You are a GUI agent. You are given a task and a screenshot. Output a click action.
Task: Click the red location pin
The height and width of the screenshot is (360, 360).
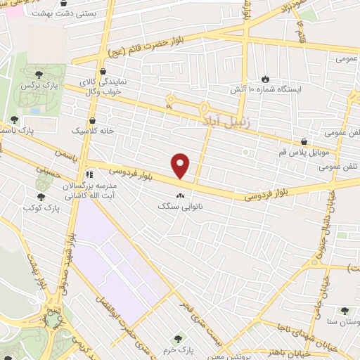click(181, 166)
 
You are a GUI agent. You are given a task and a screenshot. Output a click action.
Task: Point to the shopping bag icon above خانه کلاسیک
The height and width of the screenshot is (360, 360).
click(93, 121)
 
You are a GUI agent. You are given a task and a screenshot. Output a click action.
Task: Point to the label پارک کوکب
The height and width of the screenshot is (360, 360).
click(39, 209)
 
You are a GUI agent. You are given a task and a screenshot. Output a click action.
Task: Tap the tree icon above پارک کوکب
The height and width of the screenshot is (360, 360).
click(41, 198)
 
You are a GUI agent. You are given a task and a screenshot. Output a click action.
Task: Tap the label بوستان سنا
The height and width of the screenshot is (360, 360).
click(341, 321)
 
